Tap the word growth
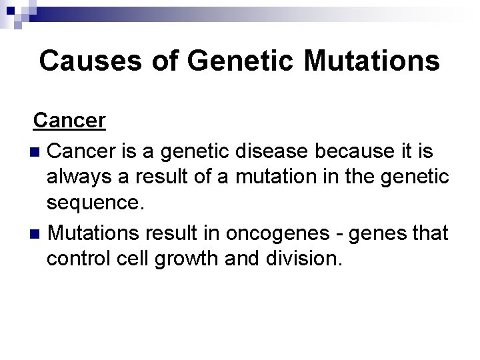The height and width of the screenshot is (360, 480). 190,260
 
